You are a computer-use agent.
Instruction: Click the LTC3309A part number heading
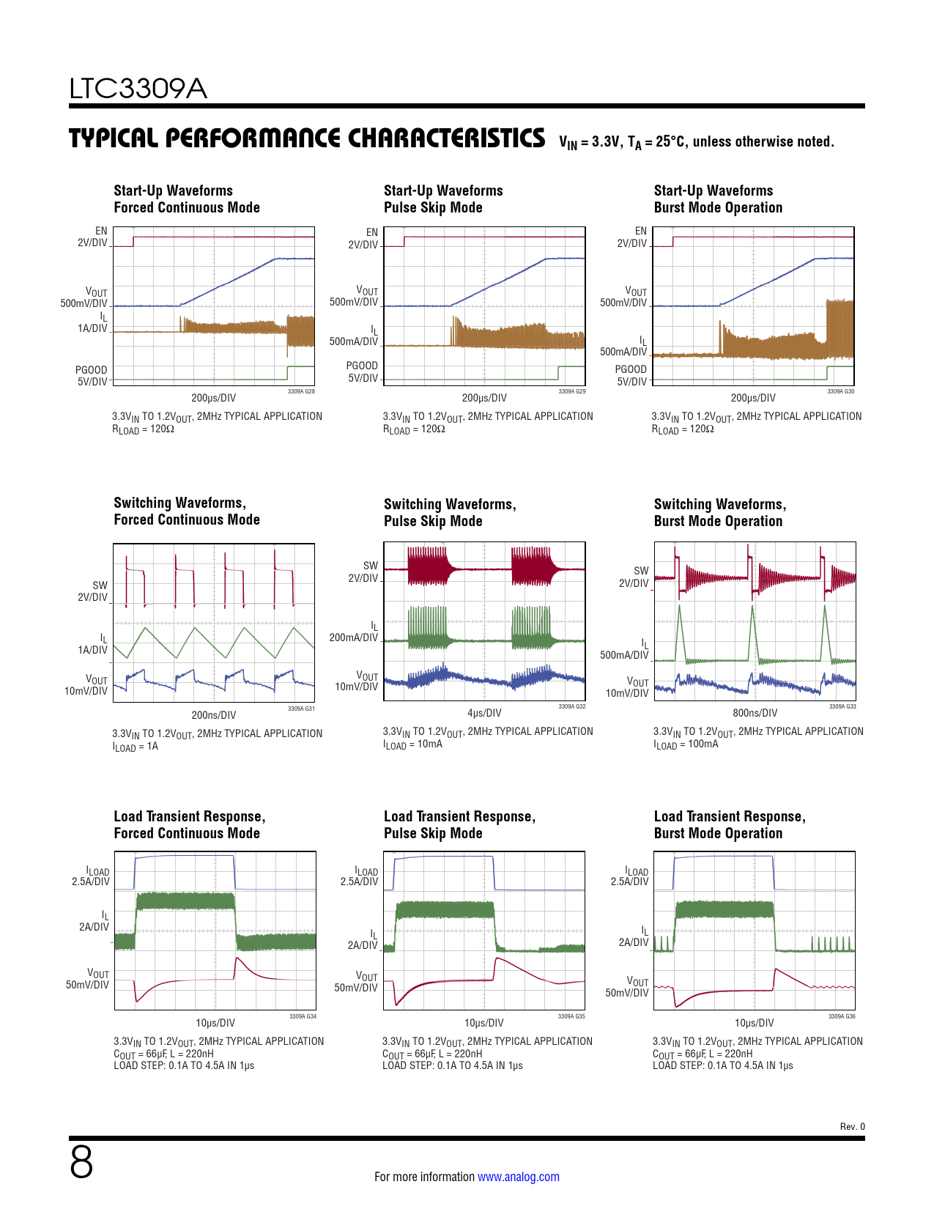tap(138, 89)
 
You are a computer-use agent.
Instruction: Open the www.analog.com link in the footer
tap(518, 1177)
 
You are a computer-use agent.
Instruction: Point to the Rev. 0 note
tap(852, 1127)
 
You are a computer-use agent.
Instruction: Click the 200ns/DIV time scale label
tap(214, 715)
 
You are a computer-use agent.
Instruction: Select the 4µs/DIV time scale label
tap(484, 713)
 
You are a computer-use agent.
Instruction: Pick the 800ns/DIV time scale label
tap(755, 713)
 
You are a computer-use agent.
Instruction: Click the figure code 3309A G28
tap(301, 392)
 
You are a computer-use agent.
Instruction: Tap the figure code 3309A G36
tap(842, 1016)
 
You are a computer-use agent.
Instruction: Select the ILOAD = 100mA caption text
tap(686, 744)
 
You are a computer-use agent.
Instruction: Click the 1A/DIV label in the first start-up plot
tap(93, 328)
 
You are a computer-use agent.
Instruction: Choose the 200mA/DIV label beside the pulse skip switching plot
tap(354, 637)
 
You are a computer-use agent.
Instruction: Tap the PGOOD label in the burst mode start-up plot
tap(631, 369)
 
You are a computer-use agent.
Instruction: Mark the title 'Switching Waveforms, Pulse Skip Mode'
tap(450, 512)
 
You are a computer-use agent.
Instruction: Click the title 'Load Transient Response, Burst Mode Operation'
tap(730, 824)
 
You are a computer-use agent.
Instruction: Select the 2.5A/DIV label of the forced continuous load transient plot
tap(91, 881)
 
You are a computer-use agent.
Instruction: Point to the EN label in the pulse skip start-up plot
tap(372, 232)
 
